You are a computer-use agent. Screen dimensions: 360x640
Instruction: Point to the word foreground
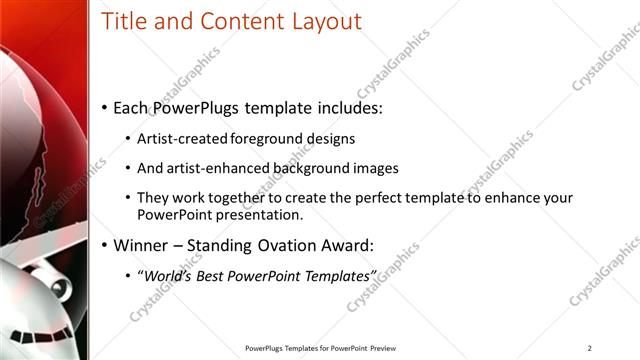tap(268, 139)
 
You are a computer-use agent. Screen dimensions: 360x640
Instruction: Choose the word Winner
tap(144, 245)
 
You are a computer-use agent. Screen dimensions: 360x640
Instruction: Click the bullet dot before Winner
tap(104, 245)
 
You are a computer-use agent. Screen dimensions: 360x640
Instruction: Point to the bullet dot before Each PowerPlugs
tap(104, 108)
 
